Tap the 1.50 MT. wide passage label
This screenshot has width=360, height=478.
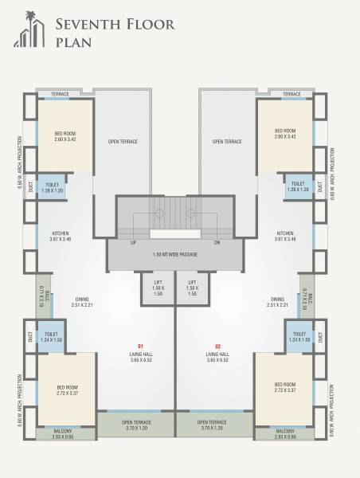[175, 254]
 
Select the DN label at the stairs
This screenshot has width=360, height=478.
[217, 241]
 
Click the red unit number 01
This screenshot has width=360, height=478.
[141, 346]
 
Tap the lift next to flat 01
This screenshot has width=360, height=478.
[158, 288]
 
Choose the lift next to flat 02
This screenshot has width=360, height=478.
[192, 288]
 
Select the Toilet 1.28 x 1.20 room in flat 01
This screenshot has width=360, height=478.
[53, 188]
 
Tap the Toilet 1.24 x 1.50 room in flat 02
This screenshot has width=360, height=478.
[299, 339]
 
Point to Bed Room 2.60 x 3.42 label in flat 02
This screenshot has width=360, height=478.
[286, 133]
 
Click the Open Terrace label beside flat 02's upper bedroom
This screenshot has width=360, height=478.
[227, 141]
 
